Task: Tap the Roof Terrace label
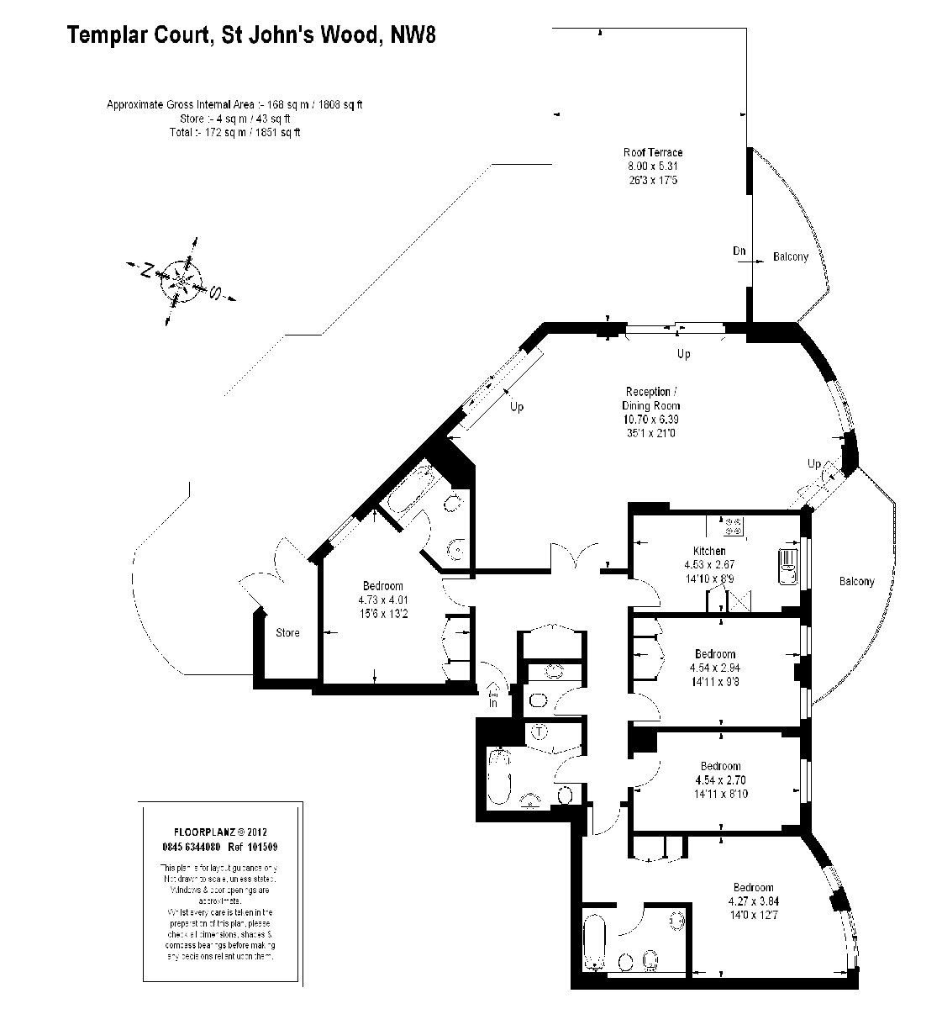tap(652, 152)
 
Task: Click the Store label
tap(287, 632)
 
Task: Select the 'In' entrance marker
tap(492, 701)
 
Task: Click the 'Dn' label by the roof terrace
tap(739, 251)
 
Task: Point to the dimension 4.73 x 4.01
tap(382, 600)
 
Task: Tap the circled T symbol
tap(539, 732)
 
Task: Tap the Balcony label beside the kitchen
tap(856, 581)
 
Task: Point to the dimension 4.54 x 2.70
tap(721, 779)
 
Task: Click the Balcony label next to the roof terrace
tap(790, 256)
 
